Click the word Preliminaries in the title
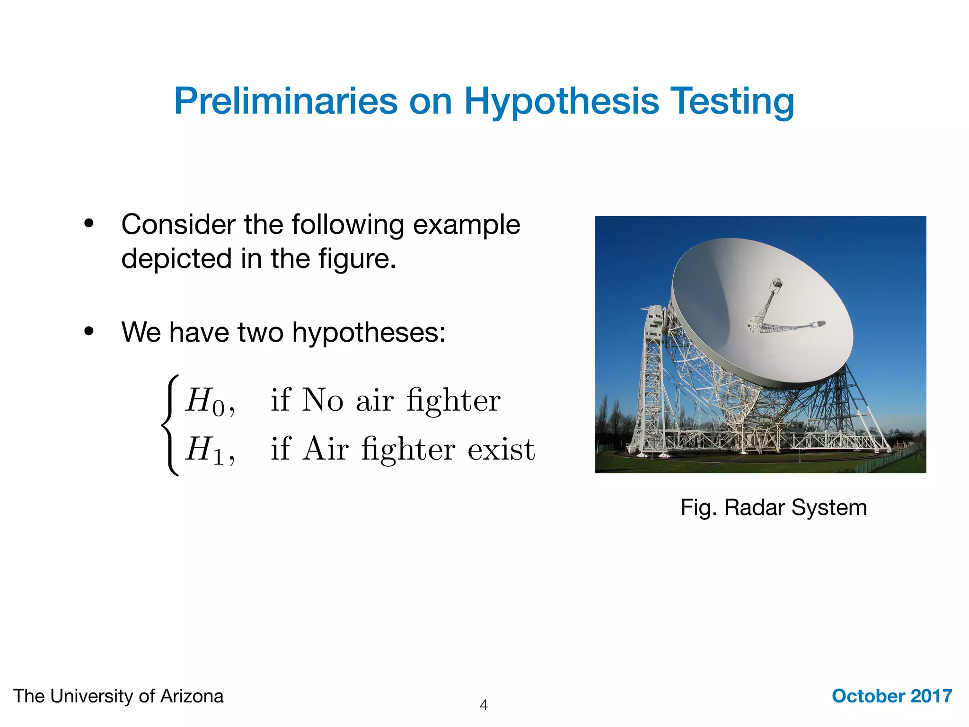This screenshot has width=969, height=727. click(286, 101)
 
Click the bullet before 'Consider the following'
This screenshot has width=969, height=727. click(89, 224)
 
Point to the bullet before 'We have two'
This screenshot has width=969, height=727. click(89, 332)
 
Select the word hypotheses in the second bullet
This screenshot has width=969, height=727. click(368, 332)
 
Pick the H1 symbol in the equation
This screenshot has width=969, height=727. click(204, 450)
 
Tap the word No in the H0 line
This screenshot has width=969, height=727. click(322, 400)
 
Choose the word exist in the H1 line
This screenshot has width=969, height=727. click(501, 450)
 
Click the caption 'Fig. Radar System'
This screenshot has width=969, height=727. click(773, 508)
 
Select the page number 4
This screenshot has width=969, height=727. click(484, 705)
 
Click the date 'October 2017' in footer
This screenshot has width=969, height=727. click(891, 696)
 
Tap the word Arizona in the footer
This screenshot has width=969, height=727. click(192, 696)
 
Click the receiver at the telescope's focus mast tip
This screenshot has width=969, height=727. click(776, 284)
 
